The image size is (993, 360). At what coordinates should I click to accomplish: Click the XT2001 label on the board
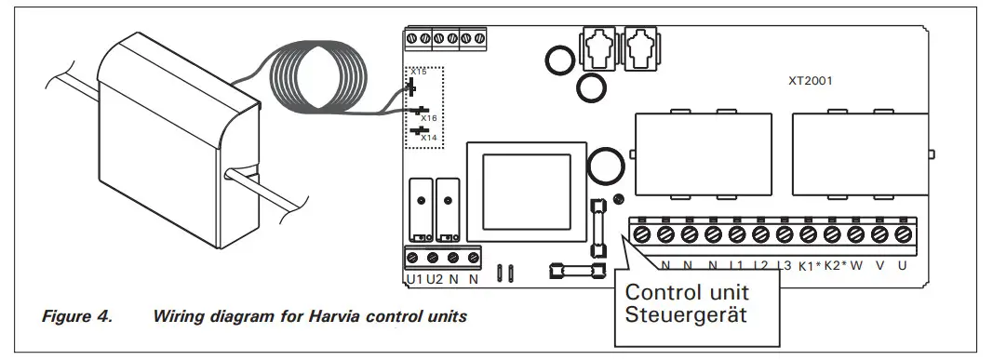click(x=809, y=81)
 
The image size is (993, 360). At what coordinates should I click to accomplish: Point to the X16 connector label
click(x=428, y=119)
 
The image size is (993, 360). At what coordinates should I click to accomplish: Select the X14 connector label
click(x=428, y=138)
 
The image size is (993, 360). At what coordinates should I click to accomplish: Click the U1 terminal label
click(x=414, y=279)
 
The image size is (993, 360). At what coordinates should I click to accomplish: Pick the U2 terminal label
click(x=434, y=279)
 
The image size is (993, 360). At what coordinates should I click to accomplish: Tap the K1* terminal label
click(x=809, y=266)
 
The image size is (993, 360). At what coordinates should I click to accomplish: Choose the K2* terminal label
click(x=833, y=266)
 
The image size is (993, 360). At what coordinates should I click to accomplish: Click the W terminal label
click(x=855, y=266)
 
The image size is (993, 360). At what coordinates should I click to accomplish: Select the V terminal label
click(x=879, y=266)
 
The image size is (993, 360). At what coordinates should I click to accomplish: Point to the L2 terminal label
click(x=761, y=266)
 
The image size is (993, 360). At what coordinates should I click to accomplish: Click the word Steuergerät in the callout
click(x=688, y=313)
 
